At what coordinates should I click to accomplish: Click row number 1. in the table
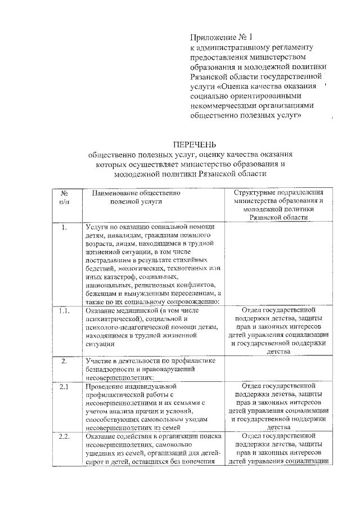point(64,228)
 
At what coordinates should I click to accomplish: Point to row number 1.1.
point(64,310)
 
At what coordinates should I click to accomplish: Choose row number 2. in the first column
point(64,361)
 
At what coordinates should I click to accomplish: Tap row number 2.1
point(64,386)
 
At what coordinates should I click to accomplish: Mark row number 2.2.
point(64,437)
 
